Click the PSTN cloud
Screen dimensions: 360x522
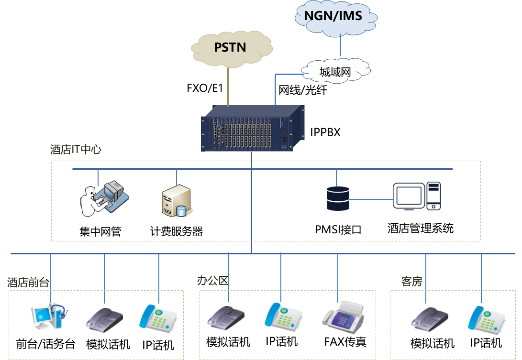pyautogui.click(x=231, y=48)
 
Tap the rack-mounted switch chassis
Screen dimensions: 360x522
pyautogui.click(x=252, y=129)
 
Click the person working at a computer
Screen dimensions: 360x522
pyautogui.click(x=103, y=198)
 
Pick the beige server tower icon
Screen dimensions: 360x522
pyautogui.click(x=176, y=200)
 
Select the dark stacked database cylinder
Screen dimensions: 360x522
pyautogui.click(x=338, y=198)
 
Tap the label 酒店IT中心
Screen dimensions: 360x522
pyautogui.click(x=76, y=150)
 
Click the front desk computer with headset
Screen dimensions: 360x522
pyautogui.click(x=49, y=316)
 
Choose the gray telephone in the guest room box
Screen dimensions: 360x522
pyautogui.click(x=429, y=319)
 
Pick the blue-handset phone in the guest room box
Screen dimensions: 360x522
pyautogui.click(x=486, y=319)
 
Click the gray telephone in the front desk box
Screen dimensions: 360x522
pyautogui.click(x=104, y=319)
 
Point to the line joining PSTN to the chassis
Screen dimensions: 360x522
pyautogui.click(x=228, y=86)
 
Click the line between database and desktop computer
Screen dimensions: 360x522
pyautogui.click(x=371, y=199)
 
